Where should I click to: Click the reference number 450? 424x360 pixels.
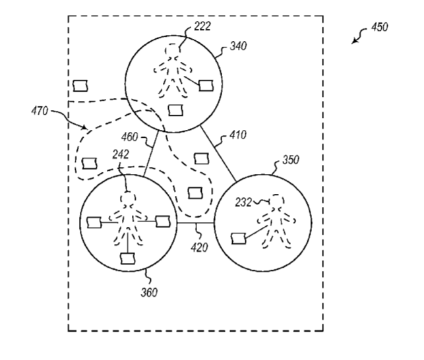[x=380, y=27]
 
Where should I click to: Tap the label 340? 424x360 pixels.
[x=238, y=46]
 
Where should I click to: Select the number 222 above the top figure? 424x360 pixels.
[x=202, y=26]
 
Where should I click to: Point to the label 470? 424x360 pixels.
[x=40, y=111]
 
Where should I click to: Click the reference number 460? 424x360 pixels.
[x=129, y=137]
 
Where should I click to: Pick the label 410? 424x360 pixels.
[x=238, y=135]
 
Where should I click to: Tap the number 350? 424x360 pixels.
[x=291, y=160]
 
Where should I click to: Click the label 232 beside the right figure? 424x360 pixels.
[x=243, y=202]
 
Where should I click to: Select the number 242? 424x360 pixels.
[x=121, y=154]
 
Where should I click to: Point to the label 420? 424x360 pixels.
[x=199, y=247]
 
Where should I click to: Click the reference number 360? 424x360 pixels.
[x=149, y=292]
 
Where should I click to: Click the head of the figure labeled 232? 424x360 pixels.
[x=277, y=201]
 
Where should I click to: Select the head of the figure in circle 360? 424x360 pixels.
[x=128, y=199]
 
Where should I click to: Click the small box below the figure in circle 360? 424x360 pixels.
[x=128, y=258]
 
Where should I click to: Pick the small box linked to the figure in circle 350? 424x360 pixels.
[x=239, y=238]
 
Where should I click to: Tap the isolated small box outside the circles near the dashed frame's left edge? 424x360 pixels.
[x=80, y=86]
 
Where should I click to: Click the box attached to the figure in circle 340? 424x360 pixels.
[x=206, y=85]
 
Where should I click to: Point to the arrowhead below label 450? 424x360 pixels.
[x=353, y=42]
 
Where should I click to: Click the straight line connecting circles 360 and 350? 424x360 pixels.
[x=195, y=223]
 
